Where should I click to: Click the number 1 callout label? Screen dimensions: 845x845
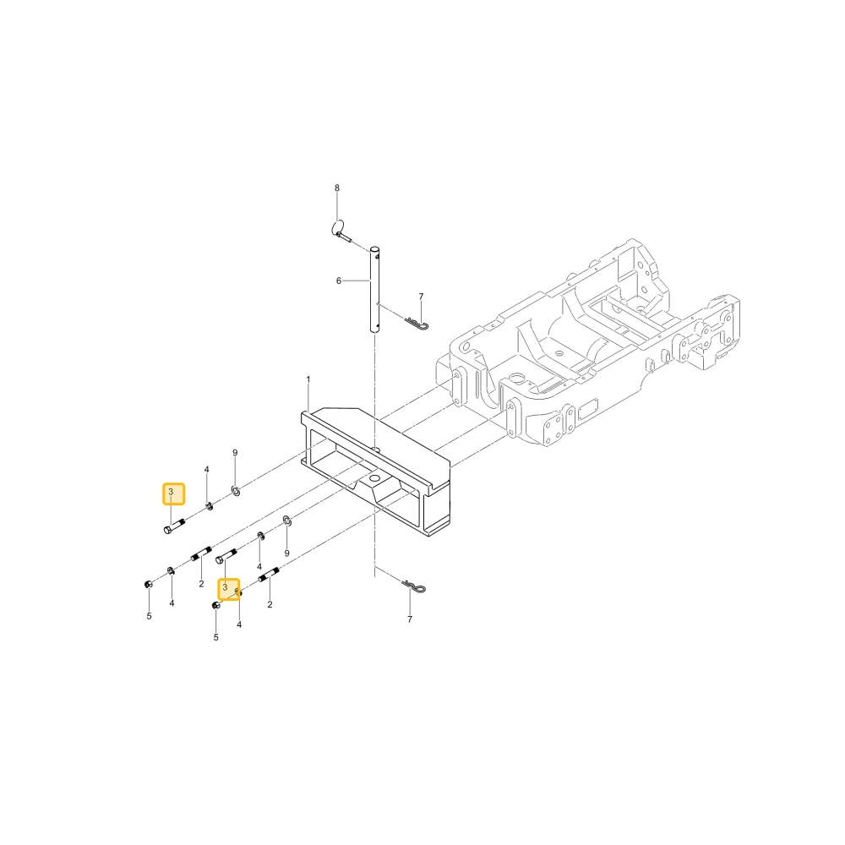point(308,379)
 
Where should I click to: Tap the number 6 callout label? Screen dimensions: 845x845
point(339,281)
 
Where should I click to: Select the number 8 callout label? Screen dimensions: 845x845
point(337,188)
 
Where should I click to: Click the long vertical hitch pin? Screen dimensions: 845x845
point(374,289)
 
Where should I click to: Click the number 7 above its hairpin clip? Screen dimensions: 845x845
point(421,297)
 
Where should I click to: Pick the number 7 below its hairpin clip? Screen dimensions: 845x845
point(410,619)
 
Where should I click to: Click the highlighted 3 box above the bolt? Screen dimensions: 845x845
point(173,493)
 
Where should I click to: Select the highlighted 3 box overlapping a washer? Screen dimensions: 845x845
point(228,589)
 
